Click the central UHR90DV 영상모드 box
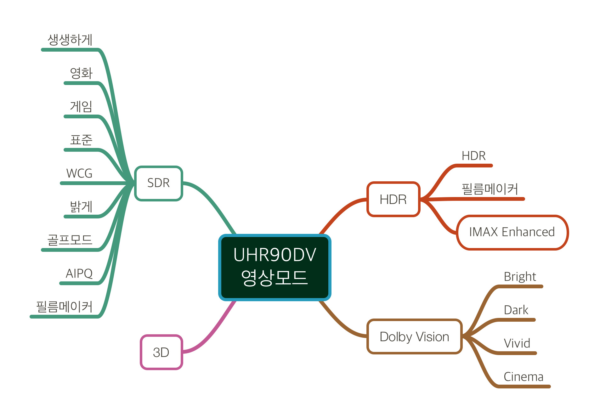point(275,267)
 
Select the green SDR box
point(158,183)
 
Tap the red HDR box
point(393,200)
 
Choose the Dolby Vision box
point(414,337)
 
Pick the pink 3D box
point(161,352)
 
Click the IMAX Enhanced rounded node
point(512,232)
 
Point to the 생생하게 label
point(70,40)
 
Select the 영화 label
point(81,73)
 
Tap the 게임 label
point(81,107)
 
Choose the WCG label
point(79,173)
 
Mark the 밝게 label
point(81,207)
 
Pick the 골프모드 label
point(70,240)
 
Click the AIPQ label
point(79,274)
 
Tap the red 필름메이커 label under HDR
point(490,189)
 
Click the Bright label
point(520,277)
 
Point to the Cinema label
point(524,377)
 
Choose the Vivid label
point(517,343)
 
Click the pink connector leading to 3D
point(214,330)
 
